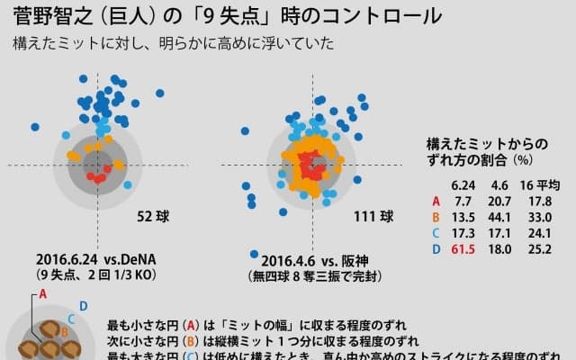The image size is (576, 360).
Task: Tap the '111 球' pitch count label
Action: [373, 216]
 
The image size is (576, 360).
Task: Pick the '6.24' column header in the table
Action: [465, 184]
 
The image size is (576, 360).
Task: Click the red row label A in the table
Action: [436, 202]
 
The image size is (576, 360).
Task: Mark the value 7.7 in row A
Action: [466, 202]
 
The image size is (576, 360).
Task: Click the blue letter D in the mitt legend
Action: [83, 308]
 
